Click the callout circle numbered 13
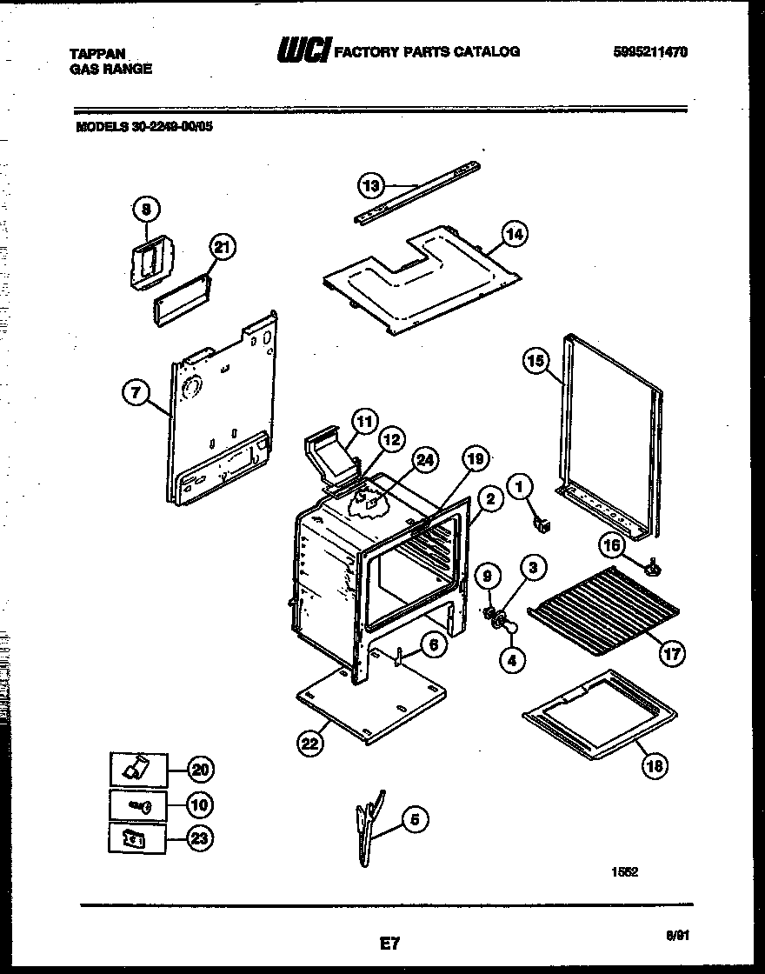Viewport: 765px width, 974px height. click(370, 184)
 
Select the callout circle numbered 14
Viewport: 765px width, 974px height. click(514, 233)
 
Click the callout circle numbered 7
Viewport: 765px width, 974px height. click(135, 394)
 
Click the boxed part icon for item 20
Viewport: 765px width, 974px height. click(138, 769)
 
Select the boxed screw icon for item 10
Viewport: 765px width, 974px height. click(138, 805)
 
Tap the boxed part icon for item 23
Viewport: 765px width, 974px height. click(138, 838)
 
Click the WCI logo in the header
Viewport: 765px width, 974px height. click(302, 53)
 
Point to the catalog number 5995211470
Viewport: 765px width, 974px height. click(649, 52)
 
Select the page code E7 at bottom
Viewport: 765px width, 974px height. click(389, 942)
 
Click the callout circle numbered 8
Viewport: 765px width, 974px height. click(147, 209)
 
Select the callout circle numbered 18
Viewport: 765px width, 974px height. click(655, 765)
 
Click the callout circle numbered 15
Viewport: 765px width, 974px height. click(536, 360)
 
